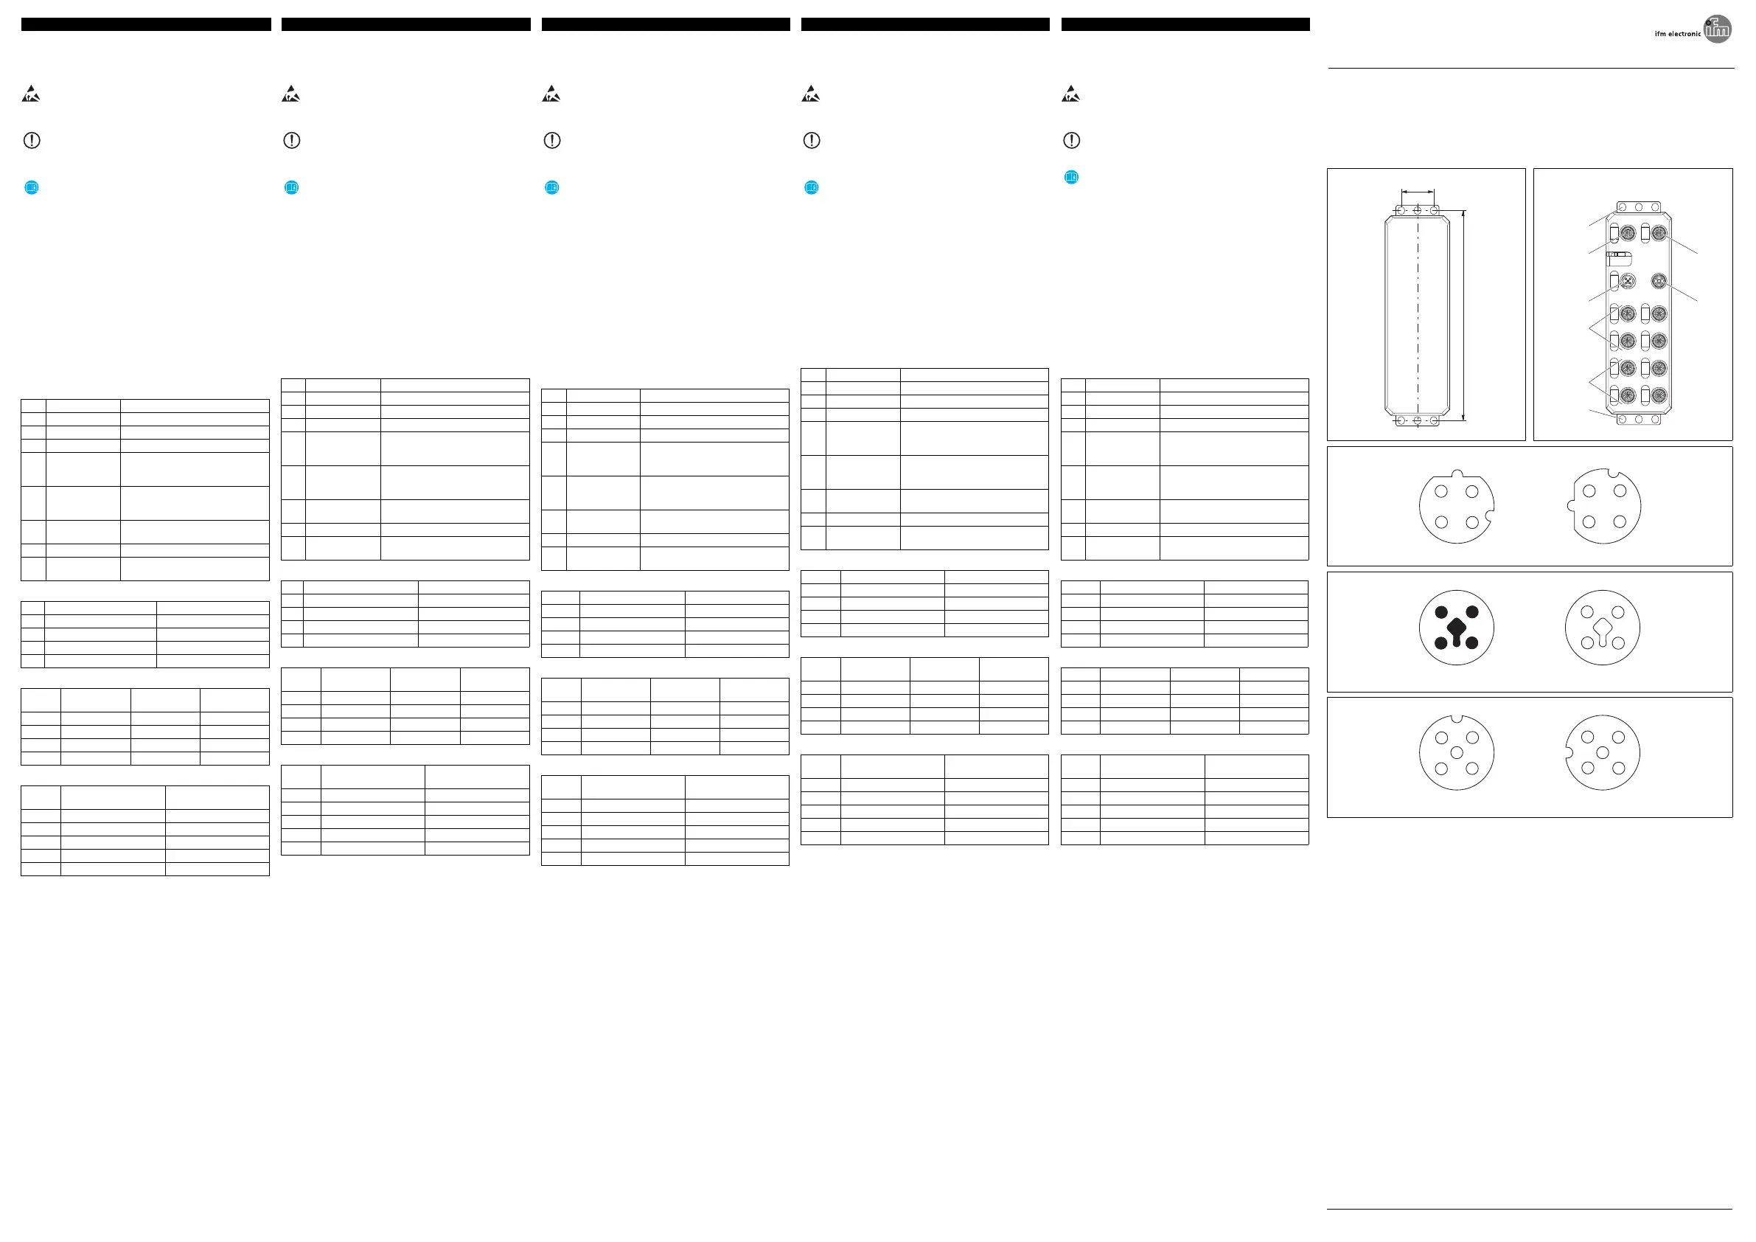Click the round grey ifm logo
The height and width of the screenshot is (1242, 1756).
tap(1717, 29)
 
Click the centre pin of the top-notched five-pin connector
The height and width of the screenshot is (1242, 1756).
tap(1456, 753)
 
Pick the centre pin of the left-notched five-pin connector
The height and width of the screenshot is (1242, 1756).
tap(1602, 753)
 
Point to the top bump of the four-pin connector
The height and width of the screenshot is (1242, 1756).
tap(1456, 473)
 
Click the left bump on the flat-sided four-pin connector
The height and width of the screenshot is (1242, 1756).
tap(1570, 506)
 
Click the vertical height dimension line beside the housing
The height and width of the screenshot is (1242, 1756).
tap(1463, 315)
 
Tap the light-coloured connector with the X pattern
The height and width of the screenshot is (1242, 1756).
tap(1628, 282)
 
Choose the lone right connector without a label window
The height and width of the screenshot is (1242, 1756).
tap(1658, 282)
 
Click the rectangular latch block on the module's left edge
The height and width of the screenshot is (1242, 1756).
tap(1618, 259)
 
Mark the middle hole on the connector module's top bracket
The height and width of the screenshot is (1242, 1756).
tap(1638, 207)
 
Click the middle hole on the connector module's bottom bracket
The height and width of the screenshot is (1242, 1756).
tap(1638, 420)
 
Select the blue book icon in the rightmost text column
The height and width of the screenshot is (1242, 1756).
tap(1071, 178)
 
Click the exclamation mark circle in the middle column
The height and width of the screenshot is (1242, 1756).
tap(551, 141)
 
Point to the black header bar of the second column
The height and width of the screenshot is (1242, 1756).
tap(405, 24)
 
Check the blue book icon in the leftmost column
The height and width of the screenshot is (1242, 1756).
tap(32, 187)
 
